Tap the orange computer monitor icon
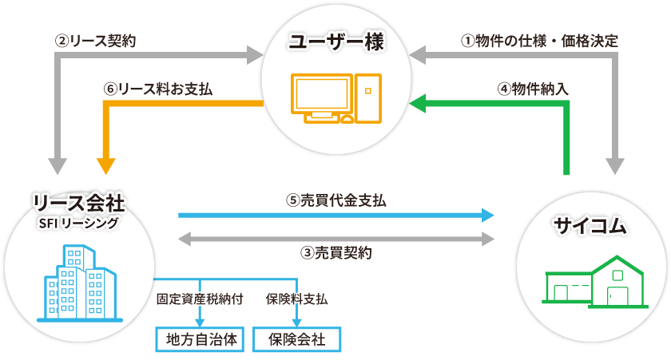(x=321, y=97)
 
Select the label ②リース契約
(x=94, y=40)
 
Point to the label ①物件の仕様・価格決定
(x=540, y=40)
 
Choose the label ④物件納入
(x=533, y=89)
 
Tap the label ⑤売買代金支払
(x=336, y=200)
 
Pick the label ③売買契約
(x=336, y=253)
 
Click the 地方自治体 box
(x=197, y=339)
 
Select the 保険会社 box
(x=296, y=339)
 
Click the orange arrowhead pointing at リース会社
(x=105, y=167)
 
